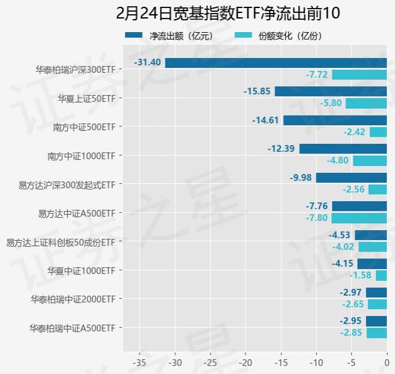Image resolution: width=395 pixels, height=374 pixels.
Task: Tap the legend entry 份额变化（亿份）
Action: tap(278, 36)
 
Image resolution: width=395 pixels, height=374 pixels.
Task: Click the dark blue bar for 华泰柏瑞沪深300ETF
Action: tap(276, 63)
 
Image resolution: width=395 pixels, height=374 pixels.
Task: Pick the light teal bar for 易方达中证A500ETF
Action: tap(359, 218)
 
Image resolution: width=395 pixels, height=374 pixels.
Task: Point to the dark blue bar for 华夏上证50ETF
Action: tap(331, 91)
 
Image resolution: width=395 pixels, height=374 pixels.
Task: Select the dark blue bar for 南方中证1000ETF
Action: tap(343, 149)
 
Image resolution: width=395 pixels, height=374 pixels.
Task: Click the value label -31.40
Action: tap(148, 63)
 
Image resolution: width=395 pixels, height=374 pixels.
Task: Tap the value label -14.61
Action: tap(266, 120)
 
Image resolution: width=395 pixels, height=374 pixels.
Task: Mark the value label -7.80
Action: tap(317, 218)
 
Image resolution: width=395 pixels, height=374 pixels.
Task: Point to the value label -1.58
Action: tap(361, 275)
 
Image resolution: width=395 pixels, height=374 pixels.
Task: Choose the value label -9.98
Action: tap(301, 178)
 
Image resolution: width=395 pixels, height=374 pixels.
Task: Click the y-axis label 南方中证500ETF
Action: tap(85, 127)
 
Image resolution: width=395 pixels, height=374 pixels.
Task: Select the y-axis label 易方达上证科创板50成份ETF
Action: tap(60, 242)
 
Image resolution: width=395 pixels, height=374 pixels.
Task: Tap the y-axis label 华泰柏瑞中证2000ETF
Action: tap(73, 299)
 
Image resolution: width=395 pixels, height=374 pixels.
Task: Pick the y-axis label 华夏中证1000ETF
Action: tap(81, 270)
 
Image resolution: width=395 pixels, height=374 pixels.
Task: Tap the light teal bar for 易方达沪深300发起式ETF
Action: tap(378, 189)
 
